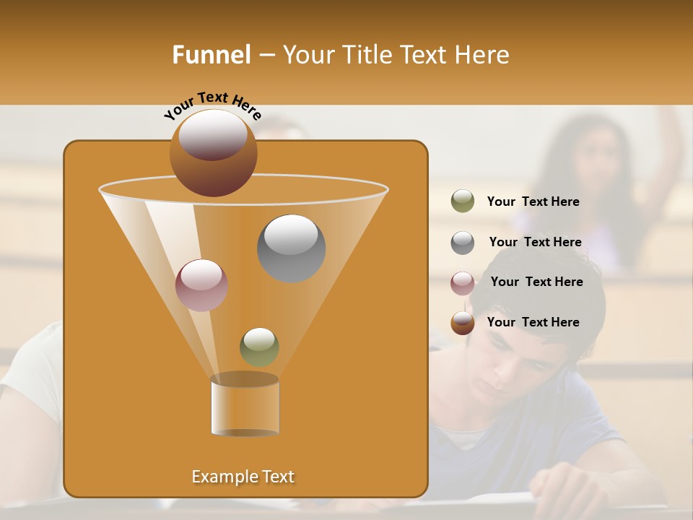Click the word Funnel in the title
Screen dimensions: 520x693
point(211,55)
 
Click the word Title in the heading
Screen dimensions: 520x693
point(367,55)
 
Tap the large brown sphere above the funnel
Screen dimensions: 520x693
point(213,152)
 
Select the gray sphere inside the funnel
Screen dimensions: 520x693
point(291,248)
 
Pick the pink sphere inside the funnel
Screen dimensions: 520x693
point(201,285)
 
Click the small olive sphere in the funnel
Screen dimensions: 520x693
point(259,347)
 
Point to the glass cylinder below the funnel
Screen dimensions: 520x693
point(245,406)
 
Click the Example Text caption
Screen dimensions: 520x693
point(243,477)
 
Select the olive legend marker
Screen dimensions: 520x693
point(462,201)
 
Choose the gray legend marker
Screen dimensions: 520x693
point(462,243)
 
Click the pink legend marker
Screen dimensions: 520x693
point(462,283)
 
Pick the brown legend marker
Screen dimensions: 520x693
point(462,323)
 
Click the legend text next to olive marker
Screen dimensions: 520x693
point(533,201)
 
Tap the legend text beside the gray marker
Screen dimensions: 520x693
point(535,242)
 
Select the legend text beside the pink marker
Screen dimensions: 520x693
point(536,282)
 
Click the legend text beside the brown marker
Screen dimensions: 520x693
point(533,322)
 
